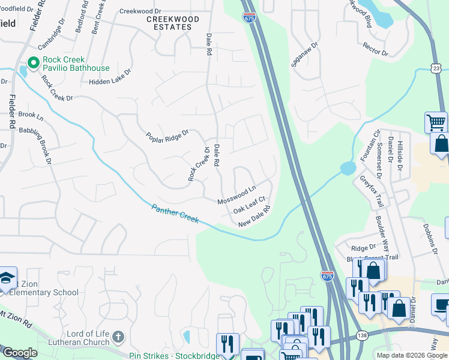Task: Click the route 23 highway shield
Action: [435, 70]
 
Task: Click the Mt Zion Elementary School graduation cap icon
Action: [7, 277]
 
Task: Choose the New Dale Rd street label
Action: [255, 217]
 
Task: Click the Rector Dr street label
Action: [376, 49]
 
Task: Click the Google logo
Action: [20, 353]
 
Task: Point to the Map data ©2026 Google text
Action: [412, 355]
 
